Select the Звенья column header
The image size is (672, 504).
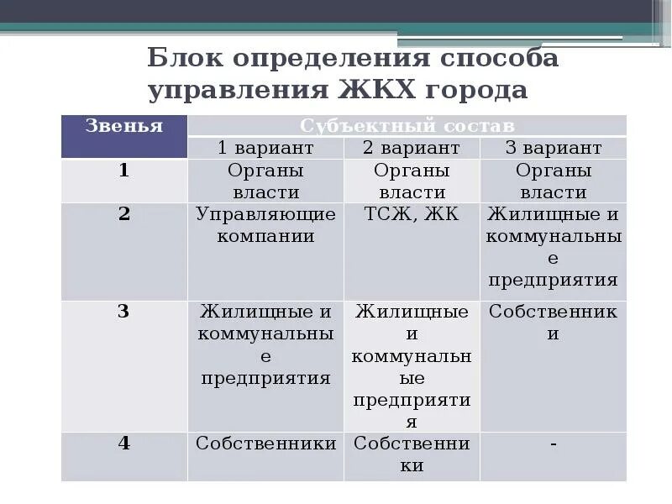tap(123, 126)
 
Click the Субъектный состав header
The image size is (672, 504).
tap(407, 126)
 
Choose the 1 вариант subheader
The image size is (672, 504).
tap(265, 148)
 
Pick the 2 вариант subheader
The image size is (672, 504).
tap(411, 148)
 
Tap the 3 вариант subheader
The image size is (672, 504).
tap(554, 148)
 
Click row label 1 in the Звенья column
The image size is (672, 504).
tap(123, 171)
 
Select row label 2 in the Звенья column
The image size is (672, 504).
tap(123, 213)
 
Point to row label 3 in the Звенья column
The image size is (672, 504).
tap(123, 312)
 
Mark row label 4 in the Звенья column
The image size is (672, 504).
tap(123, 443)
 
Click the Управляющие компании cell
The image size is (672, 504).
tap(265, 224)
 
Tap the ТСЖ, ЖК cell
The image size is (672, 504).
tap(411, 214)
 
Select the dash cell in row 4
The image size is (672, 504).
tap(554, 443)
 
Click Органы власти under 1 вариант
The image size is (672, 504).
tap(265, 181)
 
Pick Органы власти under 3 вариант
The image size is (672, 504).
tap(554, 181)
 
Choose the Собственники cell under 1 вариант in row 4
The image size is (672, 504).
tap(265, 443)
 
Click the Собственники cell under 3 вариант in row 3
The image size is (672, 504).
tap(554, 323)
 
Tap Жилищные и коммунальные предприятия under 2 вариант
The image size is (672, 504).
tap(411, 366)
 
